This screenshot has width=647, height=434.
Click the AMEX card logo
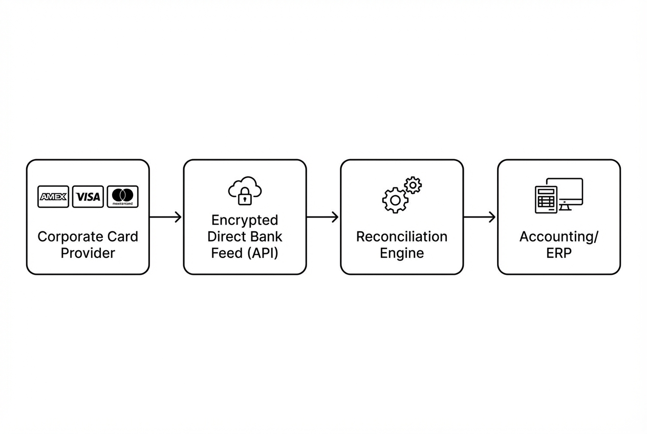53,197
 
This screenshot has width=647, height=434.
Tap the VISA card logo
88,197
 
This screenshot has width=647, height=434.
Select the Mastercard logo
122,197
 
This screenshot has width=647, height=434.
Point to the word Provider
88,253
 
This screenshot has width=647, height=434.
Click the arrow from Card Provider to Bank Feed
166,217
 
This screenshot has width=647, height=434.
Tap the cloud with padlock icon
245,190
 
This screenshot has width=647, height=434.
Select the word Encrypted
245,220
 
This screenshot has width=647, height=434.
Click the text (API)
262,253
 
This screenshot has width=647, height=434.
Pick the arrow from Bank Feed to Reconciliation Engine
323,217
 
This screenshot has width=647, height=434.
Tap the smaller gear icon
413,185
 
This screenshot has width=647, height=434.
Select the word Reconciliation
402,237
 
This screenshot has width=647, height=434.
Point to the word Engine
402,253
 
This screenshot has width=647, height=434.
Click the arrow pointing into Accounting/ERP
480,217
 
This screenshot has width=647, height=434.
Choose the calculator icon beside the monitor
545,200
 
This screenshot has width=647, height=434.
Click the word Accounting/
558,237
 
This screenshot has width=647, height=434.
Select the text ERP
558,253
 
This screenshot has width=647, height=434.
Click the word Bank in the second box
266,236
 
